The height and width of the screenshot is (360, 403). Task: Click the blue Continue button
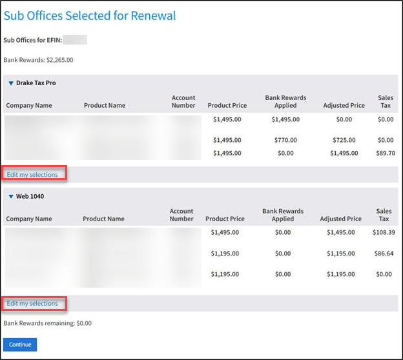click(x=20, y=345)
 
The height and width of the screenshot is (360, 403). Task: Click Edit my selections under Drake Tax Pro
click(x=32, y=174)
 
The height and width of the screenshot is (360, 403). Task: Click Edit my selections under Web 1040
click(x=32, y=303)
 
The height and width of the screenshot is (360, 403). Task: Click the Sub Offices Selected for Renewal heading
click(x=90, y=15)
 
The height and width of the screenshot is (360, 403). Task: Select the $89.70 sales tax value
click(x=385, y=153)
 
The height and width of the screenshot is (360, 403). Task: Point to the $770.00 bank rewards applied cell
click(x=285, y=140)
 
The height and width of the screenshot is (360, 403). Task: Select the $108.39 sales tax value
click(x=383, y=232)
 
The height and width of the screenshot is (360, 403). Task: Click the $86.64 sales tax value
click(x=384, y=254)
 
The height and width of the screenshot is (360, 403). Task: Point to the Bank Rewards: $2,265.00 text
click(x=39, y=60)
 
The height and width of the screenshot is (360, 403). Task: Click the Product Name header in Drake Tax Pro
click(x=105, y=106)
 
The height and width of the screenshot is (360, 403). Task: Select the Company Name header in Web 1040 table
click(x=29, y=219)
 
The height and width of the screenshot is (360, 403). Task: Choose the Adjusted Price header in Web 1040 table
click(x=341, y=219)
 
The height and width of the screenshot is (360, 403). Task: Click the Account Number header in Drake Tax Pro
click(x=183, y=102)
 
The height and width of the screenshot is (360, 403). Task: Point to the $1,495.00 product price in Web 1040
click(x=224, y=232)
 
